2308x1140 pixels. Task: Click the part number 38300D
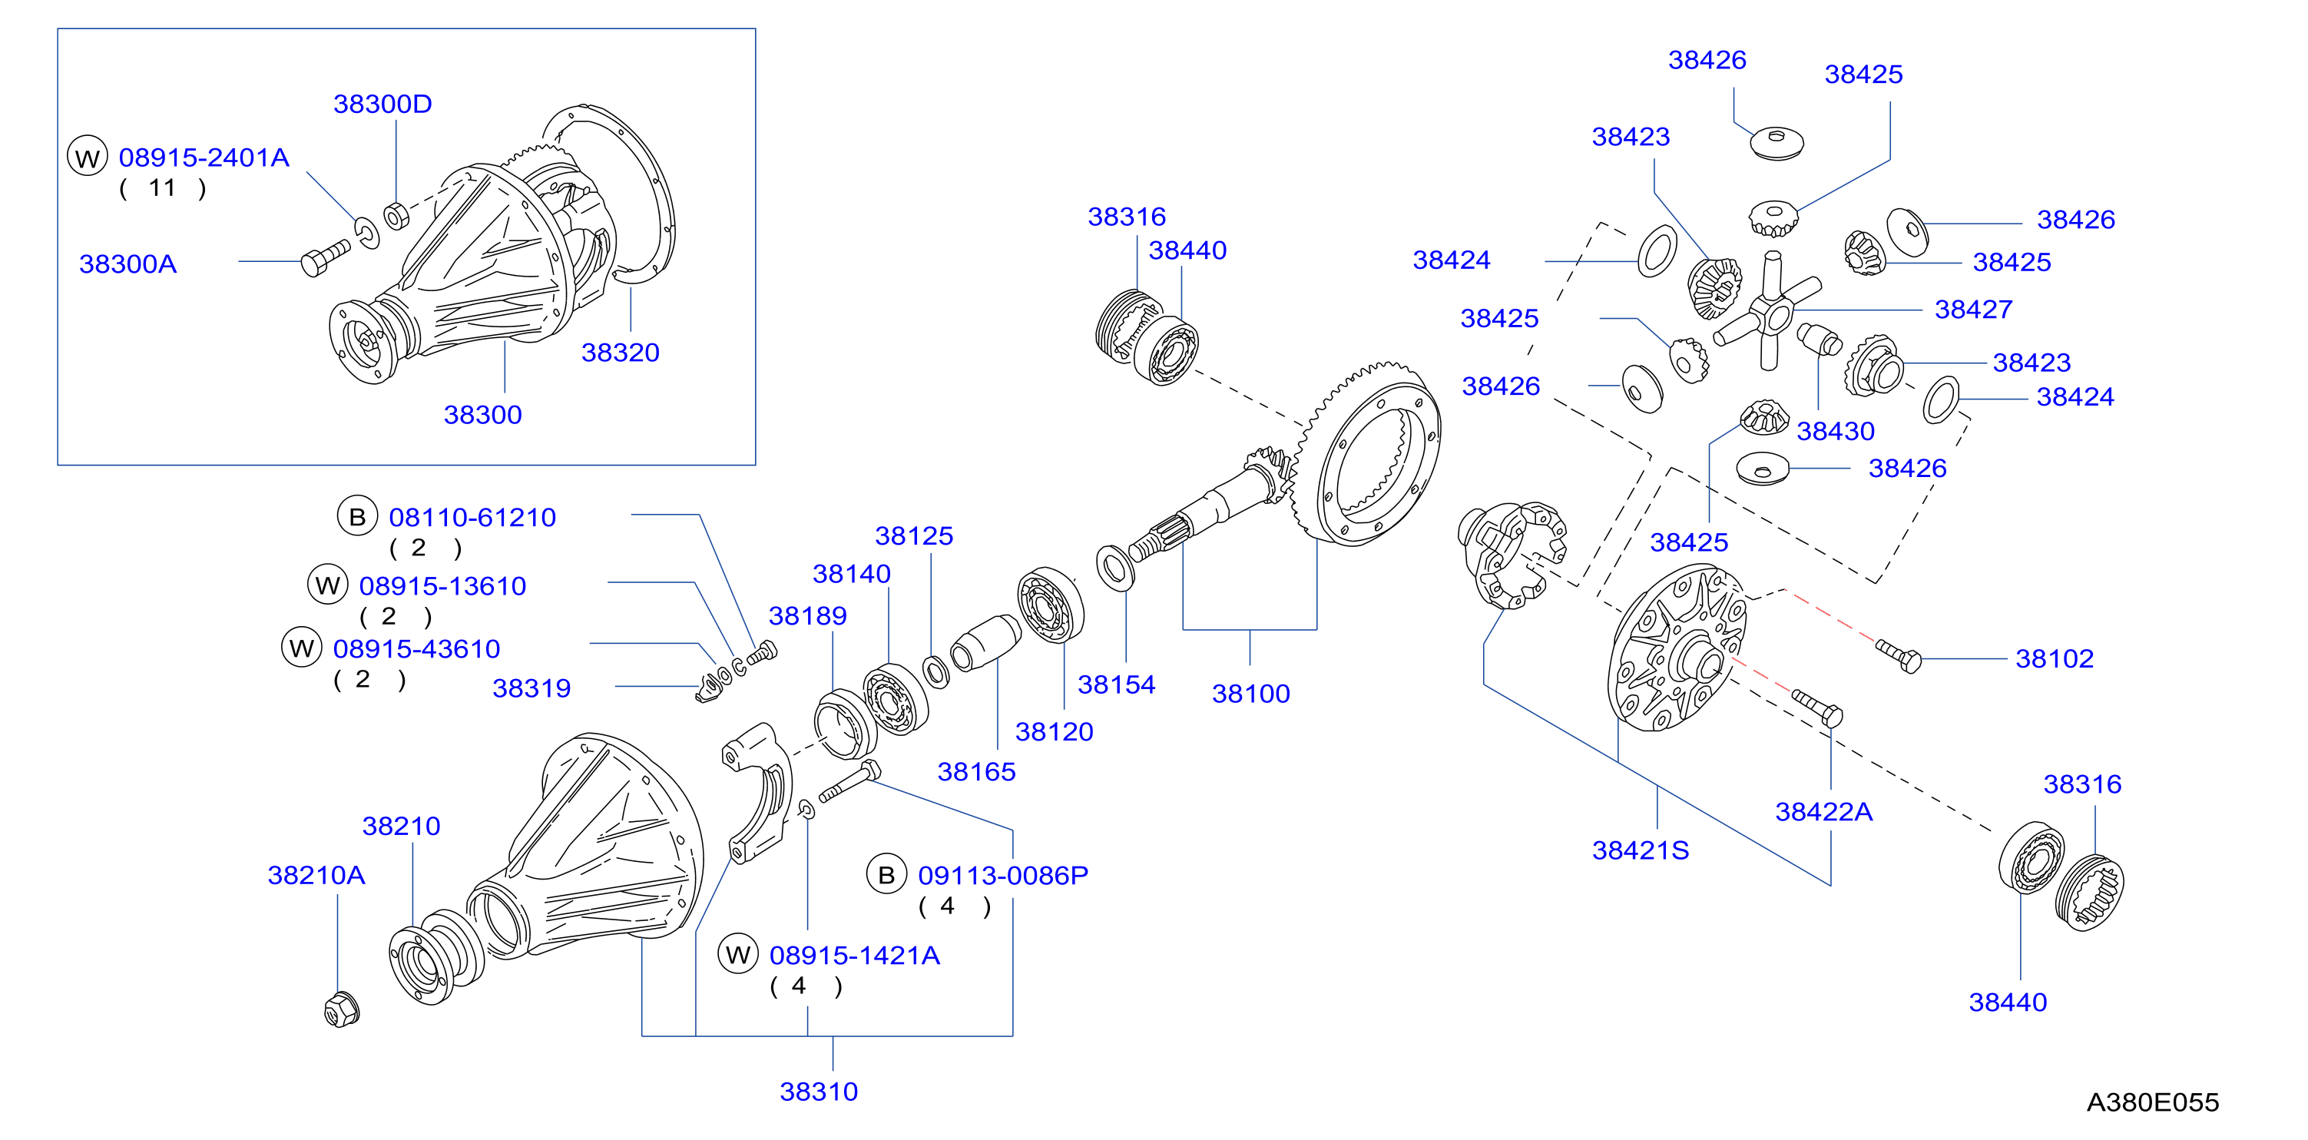pyautogui.click(x=382, y=104)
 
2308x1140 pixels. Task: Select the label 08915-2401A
pyautogui.click(x=204, y=157)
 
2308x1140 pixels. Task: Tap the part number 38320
pyautogui.click(x=620, y=352)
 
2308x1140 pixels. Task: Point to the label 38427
pyautogui.click(x=1973, y=309)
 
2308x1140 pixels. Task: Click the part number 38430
pyautogui.click(x=1835, y=431)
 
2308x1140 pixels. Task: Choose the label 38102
pyautogui.click(x=2054, y=659)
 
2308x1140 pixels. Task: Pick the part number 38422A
pyautogui.click(x=1823, y=812)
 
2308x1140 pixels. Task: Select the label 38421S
pyautogui.click(x=1640, y=850)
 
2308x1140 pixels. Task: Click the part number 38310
pyautogui.click(x=818, y=1092)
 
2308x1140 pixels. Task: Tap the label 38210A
pyautogui.click(x=316, y=875)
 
